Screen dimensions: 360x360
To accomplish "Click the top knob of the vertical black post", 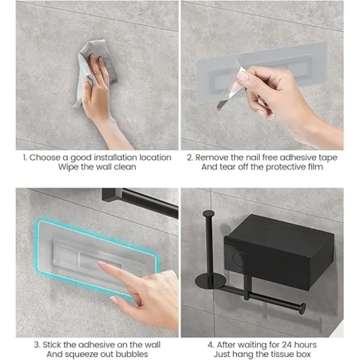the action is (209, 213).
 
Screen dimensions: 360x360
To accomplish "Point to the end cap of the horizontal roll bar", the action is (302, 308).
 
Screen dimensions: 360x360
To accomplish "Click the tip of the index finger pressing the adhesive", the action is (101, 264).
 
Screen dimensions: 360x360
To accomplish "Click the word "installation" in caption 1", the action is (116, 157).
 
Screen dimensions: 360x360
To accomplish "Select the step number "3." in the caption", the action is (37, 345).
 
